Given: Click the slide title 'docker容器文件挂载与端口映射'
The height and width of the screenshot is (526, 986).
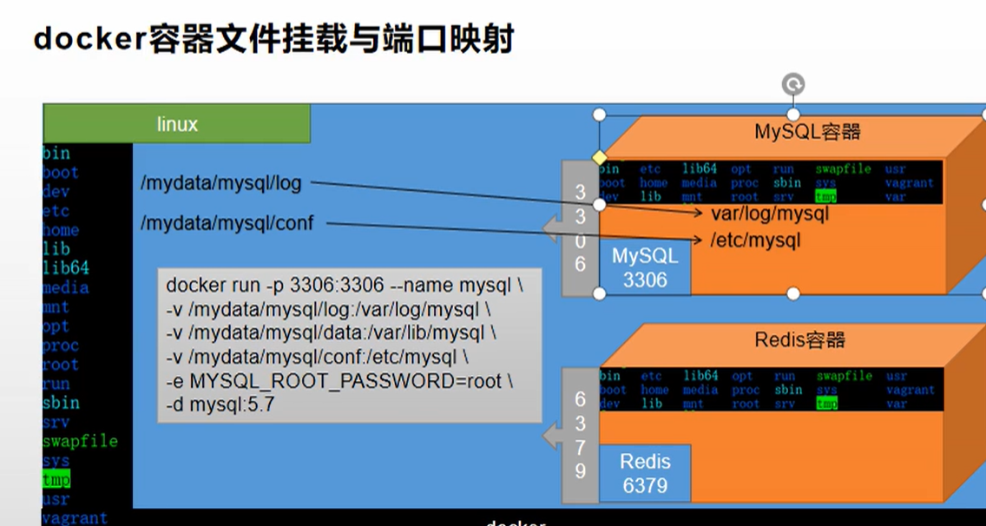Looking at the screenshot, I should tap(273, 39).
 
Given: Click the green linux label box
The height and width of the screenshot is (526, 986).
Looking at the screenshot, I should tap(177, 124).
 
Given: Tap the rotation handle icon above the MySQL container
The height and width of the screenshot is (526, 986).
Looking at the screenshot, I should tap(792, 84).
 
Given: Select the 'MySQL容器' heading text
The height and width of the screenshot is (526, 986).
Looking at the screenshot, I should tap(807, 132).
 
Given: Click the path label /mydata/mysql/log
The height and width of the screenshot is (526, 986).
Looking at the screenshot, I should tap(220, 183).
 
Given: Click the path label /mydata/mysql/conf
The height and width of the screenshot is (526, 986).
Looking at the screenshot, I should tap(227, 224).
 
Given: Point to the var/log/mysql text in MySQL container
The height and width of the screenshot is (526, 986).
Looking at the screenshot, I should tap(770, 214).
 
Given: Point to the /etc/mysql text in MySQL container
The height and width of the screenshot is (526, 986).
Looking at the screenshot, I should tap(755, 240).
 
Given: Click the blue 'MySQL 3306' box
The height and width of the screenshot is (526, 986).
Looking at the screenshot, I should tap(644, 267).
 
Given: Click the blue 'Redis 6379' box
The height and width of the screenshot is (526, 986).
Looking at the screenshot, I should tap(644, 474).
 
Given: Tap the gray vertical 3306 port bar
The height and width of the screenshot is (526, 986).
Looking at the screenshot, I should tap(580, 227).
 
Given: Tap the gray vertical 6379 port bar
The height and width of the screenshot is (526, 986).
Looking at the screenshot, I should tap(580, 434).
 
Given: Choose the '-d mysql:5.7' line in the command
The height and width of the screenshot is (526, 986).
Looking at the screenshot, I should tap(220, 404).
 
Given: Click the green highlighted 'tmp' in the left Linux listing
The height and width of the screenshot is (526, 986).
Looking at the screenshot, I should tap(56, 480).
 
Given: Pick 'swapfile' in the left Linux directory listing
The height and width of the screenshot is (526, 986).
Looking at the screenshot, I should tap(80, 442).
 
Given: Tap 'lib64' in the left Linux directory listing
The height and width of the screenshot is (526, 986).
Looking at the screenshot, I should tap(65, 268).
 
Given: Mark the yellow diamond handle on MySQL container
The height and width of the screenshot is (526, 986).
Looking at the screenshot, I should tap(598, 158).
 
